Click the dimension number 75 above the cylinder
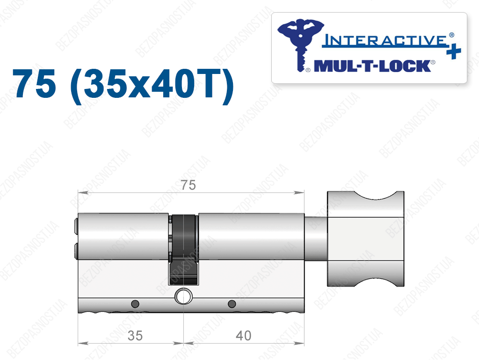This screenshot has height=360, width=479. click(188, 185)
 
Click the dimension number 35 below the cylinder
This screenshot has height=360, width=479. click(135, 336)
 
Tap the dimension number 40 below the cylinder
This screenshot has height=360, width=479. click(243, 336)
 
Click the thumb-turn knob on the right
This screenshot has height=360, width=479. click(366, 239)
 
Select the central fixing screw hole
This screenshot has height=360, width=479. click(183, 296)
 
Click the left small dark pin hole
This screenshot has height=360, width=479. click(135, 304)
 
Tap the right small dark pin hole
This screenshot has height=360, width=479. click(232, 304)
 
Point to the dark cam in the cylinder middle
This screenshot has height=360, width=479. click(183, 250)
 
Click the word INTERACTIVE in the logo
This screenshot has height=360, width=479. click(385, 40)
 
